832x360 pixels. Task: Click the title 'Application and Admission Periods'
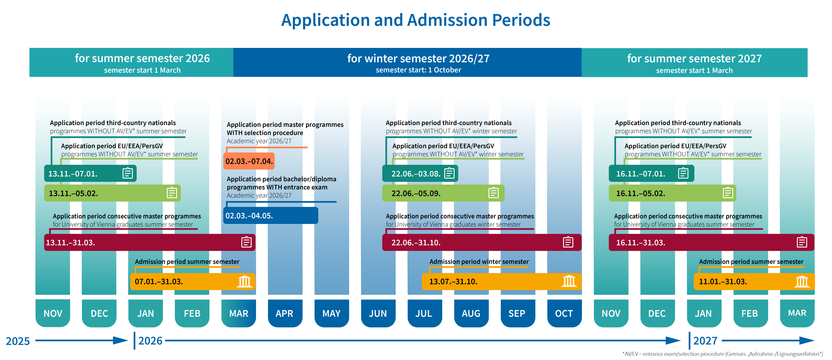pyautogui.click(x=416, y=20)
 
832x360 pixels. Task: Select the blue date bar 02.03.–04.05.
pyautogui.click(x=270, y=216)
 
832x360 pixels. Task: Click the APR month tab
pyautogui.click(x=284, y=313)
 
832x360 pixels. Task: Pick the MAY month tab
pyautogui.click(x=331, y=313)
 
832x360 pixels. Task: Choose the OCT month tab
pyautogui.click(x=564, y=313)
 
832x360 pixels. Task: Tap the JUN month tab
pyautogui.click(x=378, y=313)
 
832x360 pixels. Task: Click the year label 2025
pyautogui.click(x=18, y=341)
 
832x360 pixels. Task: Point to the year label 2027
pyautogui.click(x=705, y=341)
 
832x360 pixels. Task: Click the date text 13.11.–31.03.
pyautogui.click(x=70, y=242)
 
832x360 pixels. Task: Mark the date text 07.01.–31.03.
pyautogui.click(x=159, y=281)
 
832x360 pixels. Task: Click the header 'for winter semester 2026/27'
pyautogui.click(x=418, y=59)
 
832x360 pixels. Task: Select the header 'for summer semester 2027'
pyautogui.click(x=694, y=59)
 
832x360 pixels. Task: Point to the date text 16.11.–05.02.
pyautogui.click(x=640, y=193)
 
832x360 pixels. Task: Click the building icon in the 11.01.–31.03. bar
pyautogui.click(x=802, y=281)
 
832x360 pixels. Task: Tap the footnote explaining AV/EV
pyautogui.click(x=722, y=354)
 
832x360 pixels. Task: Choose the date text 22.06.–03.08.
pyautogui.click(x=416, y=173)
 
